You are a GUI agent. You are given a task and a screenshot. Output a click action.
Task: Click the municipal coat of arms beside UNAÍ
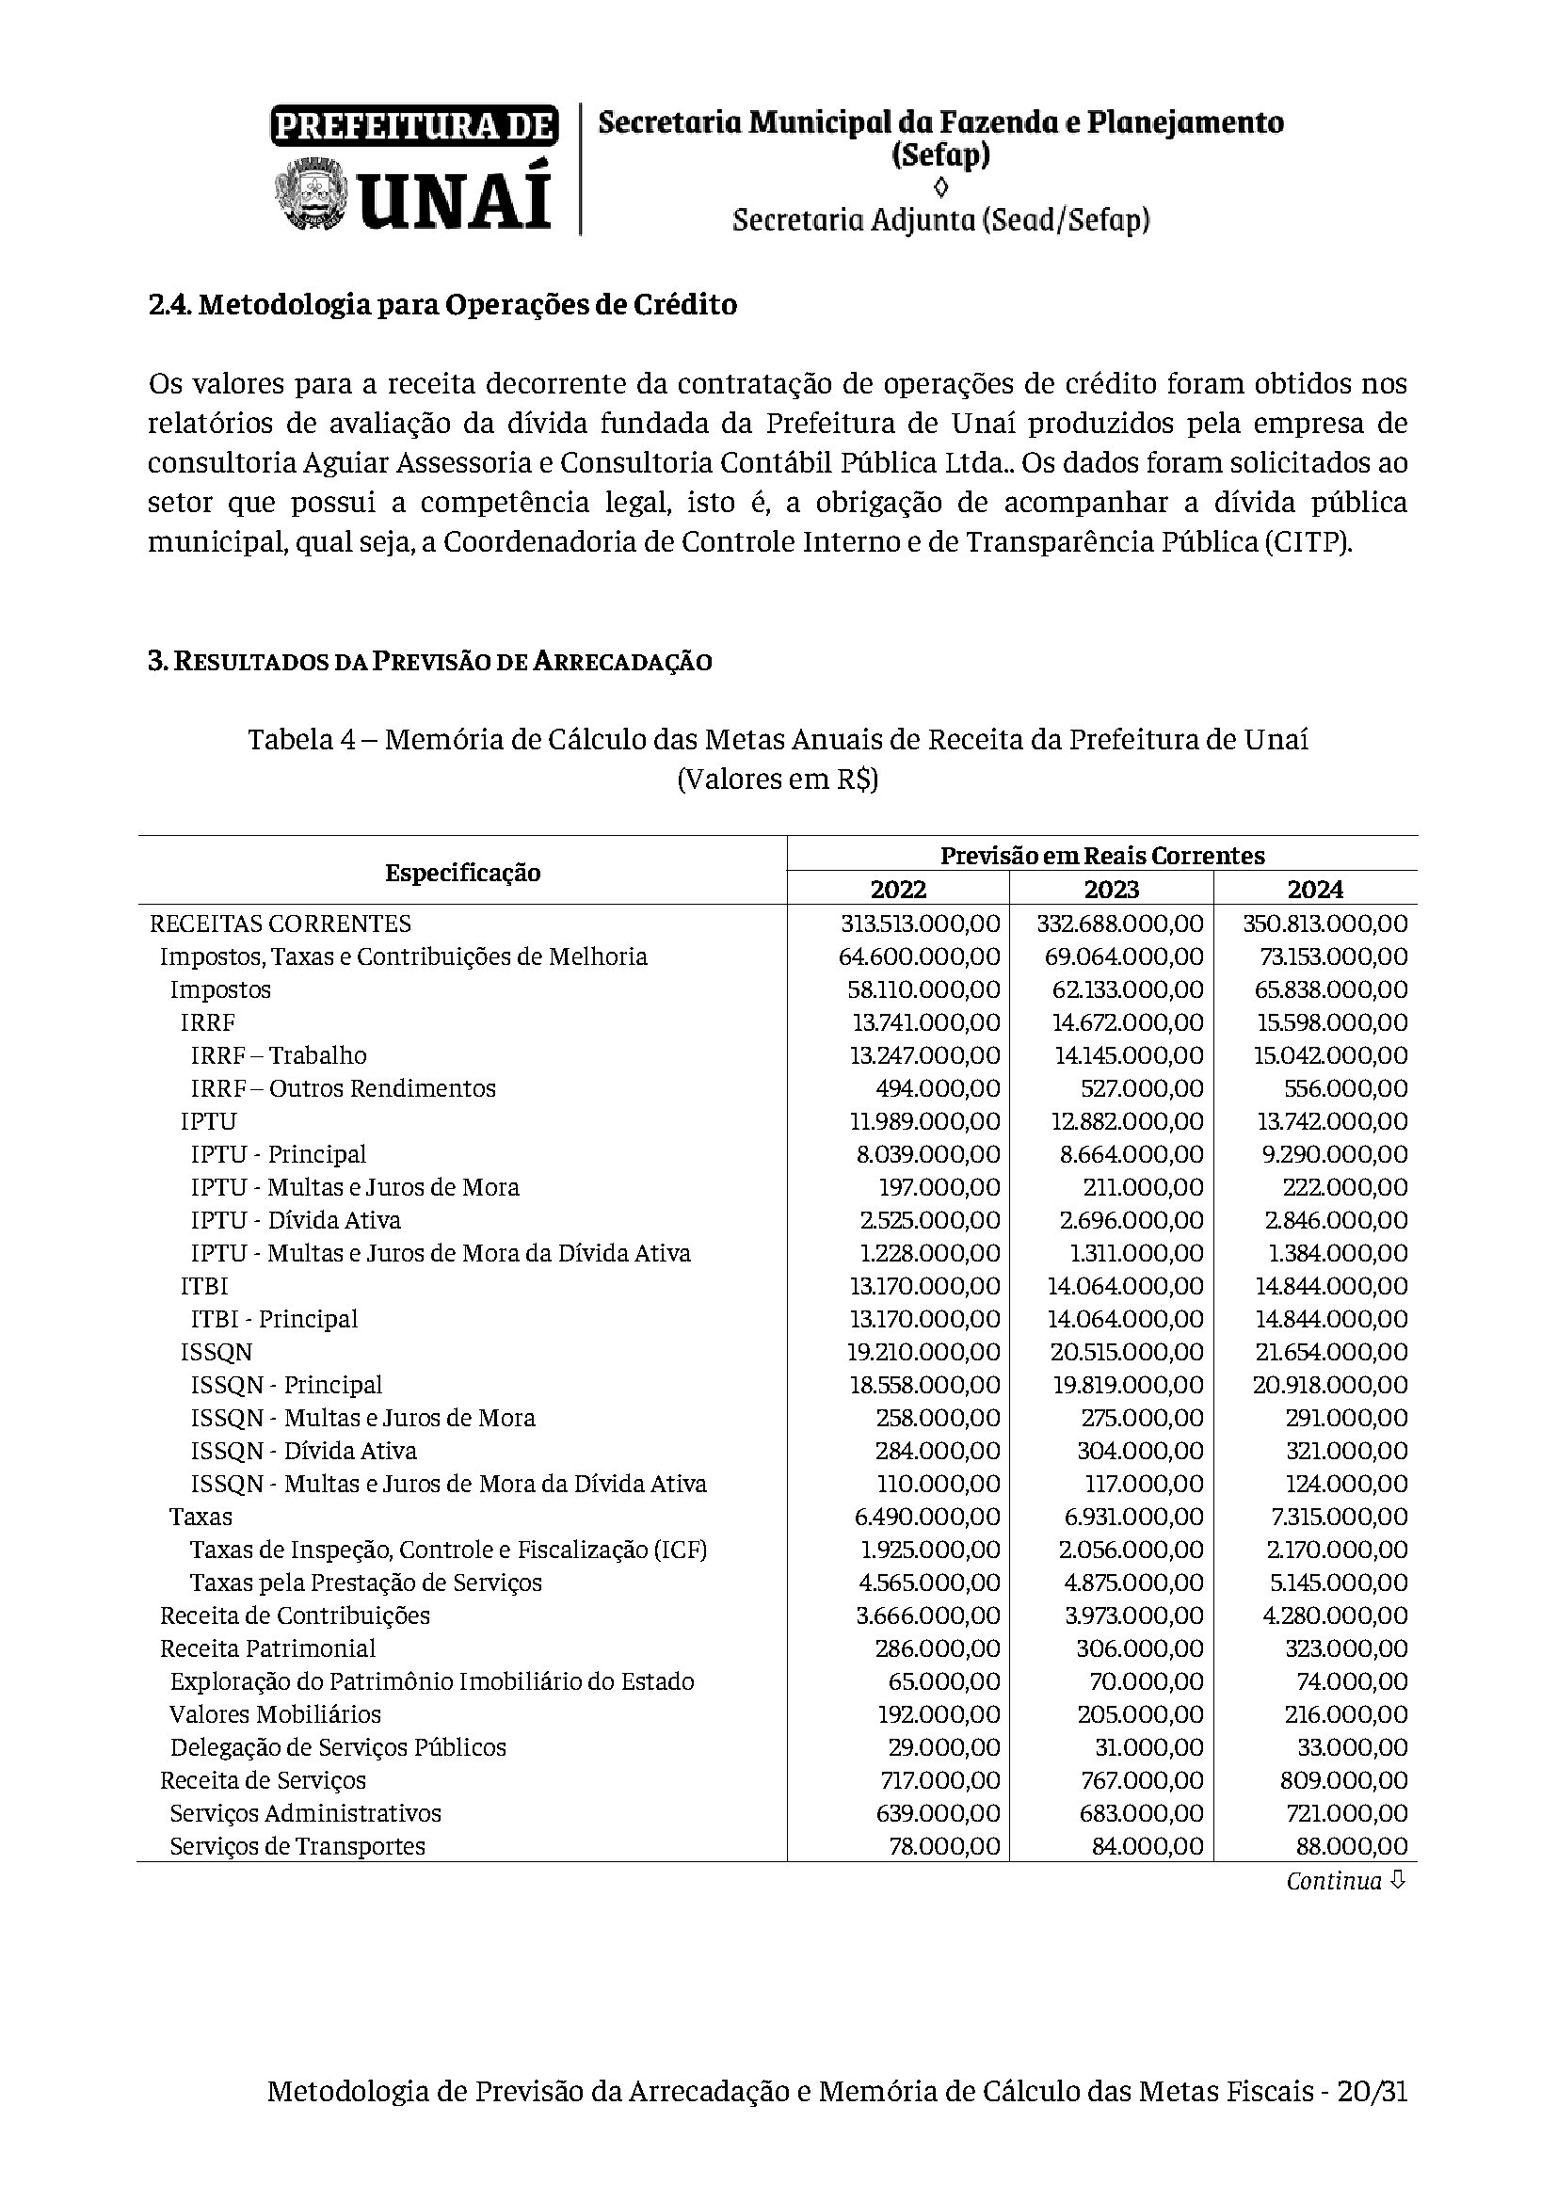click(310, 195)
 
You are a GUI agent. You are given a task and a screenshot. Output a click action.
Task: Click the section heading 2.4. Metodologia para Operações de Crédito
click(442, 305)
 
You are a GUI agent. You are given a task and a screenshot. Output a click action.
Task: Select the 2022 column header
click(897, 889)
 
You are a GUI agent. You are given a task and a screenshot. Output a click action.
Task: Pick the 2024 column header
click(1314, 889)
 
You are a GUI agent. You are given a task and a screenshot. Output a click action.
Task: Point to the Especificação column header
click(462, 873)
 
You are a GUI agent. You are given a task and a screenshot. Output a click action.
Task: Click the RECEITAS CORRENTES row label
click(280, 924)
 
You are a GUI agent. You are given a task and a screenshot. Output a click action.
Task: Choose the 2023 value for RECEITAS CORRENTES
click(1119, 924)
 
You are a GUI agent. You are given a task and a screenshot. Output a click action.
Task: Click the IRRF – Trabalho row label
click(278, 1055)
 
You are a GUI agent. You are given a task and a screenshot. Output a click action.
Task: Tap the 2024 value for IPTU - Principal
click(1335, 1154)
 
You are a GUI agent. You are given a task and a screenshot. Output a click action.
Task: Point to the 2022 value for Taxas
click(927, 1517)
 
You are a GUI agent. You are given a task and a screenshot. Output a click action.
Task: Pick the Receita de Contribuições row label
click(295, 1615)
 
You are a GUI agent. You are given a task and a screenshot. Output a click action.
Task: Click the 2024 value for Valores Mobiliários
click(1344, 1713)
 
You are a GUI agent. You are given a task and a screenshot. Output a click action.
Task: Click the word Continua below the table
click(1334, 1882)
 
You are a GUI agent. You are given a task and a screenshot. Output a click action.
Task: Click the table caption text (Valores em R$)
click(778, 780)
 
